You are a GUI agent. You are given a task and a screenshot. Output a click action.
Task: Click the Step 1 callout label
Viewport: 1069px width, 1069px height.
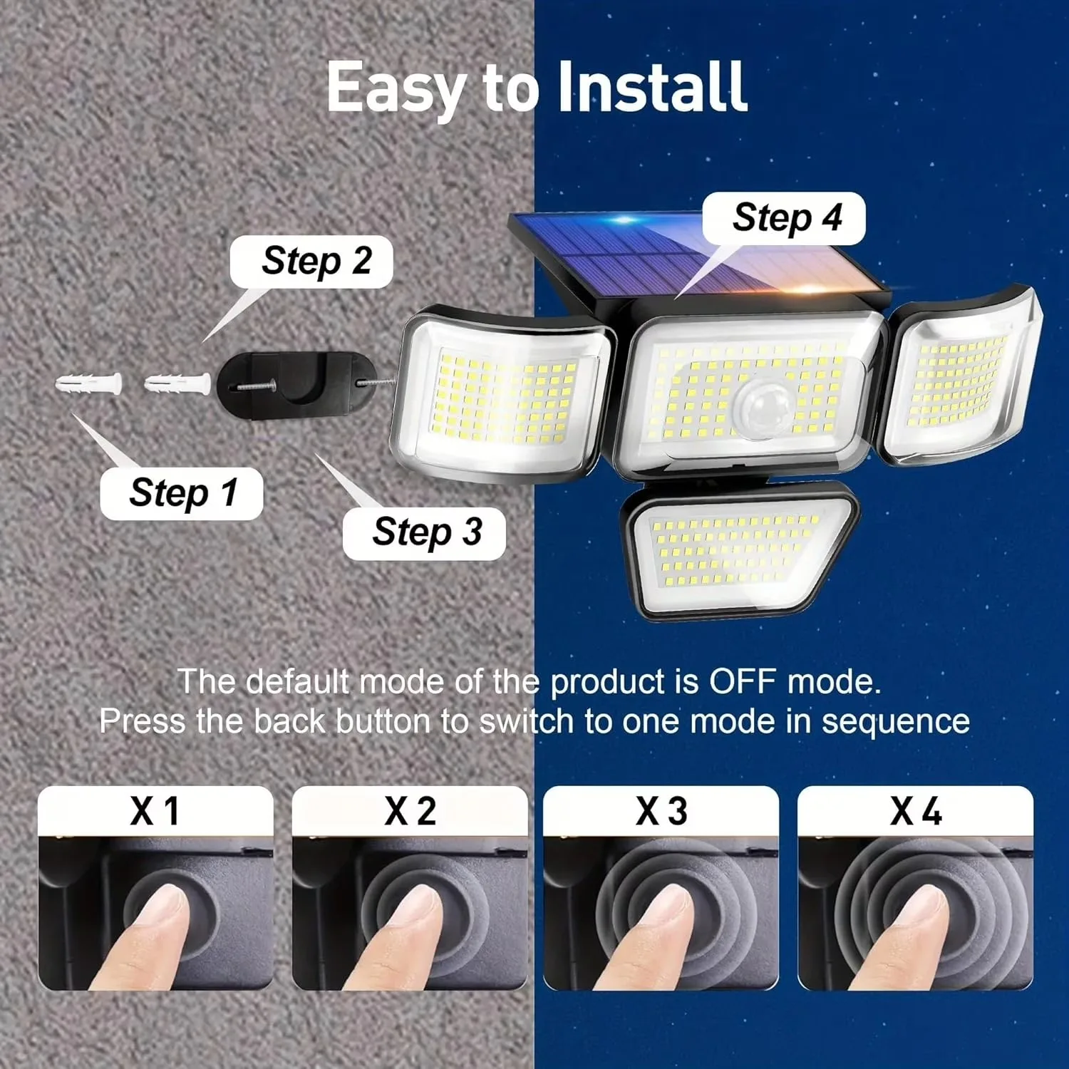click(x=182, y=493)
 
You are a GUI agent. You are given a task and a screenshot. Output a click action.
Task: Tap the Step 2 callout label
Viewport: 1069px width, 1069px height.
click(x=311, y=262)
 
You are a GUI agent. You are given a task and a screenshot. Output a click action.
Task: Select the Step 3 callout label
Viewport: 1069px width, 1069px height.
click(x=424, y=533)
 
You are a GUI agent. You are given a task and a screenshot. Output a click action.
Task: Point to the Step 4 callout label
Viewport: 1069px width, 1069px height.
click(x=784, y=218)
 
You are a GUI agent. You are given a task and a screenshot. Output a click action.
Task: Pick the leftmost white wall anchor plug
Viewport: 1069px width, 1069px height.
click(x=89, y=385)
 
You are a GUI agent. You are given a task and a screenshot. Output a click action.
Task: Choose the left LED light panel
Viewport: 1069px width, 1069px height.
click(x=502, y=393)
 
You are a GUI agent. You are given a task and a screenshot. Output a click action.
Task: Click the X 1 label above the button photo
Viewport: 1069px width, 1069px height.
click(x=155, y=811)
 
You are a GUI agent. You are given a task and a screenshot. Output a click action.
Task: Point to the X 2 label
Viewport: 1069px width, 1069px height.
click(x=410, y=811)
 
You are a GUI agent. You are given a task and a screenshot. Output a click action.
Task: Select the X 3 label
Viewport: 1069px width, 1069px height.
click(x=661, y=811)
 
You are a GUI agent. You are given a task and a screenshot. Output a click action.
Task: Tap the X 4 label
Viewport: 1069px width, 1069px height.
click(x=916, y=811)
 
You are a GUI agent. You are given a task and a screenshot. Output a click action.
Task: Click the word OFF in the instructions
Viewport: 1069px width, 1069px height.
click(x=743, y=682)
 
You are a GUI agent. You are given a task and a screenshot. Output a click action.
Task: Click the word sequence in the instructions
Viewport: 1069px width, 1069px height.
click(x=896, y=722)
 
